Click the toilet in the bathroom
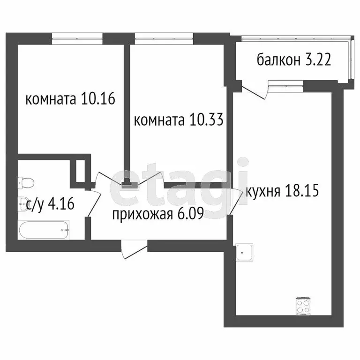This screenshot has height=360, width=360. point(26,180)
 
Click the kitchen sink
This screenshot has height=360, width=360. point(244,252)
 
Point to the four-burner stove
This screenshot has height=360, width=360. point(303,307)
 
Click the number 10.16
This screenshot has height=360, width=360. point(98,99)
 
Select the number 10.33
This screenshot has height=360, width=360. point(204,120)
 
